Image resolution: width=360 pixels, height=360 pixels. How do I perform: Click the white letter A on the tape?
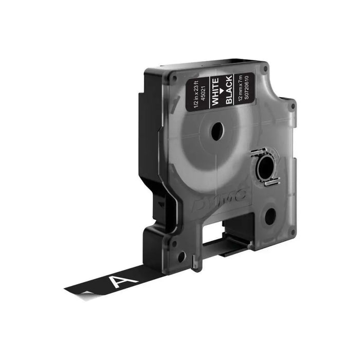coord(127,280)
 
